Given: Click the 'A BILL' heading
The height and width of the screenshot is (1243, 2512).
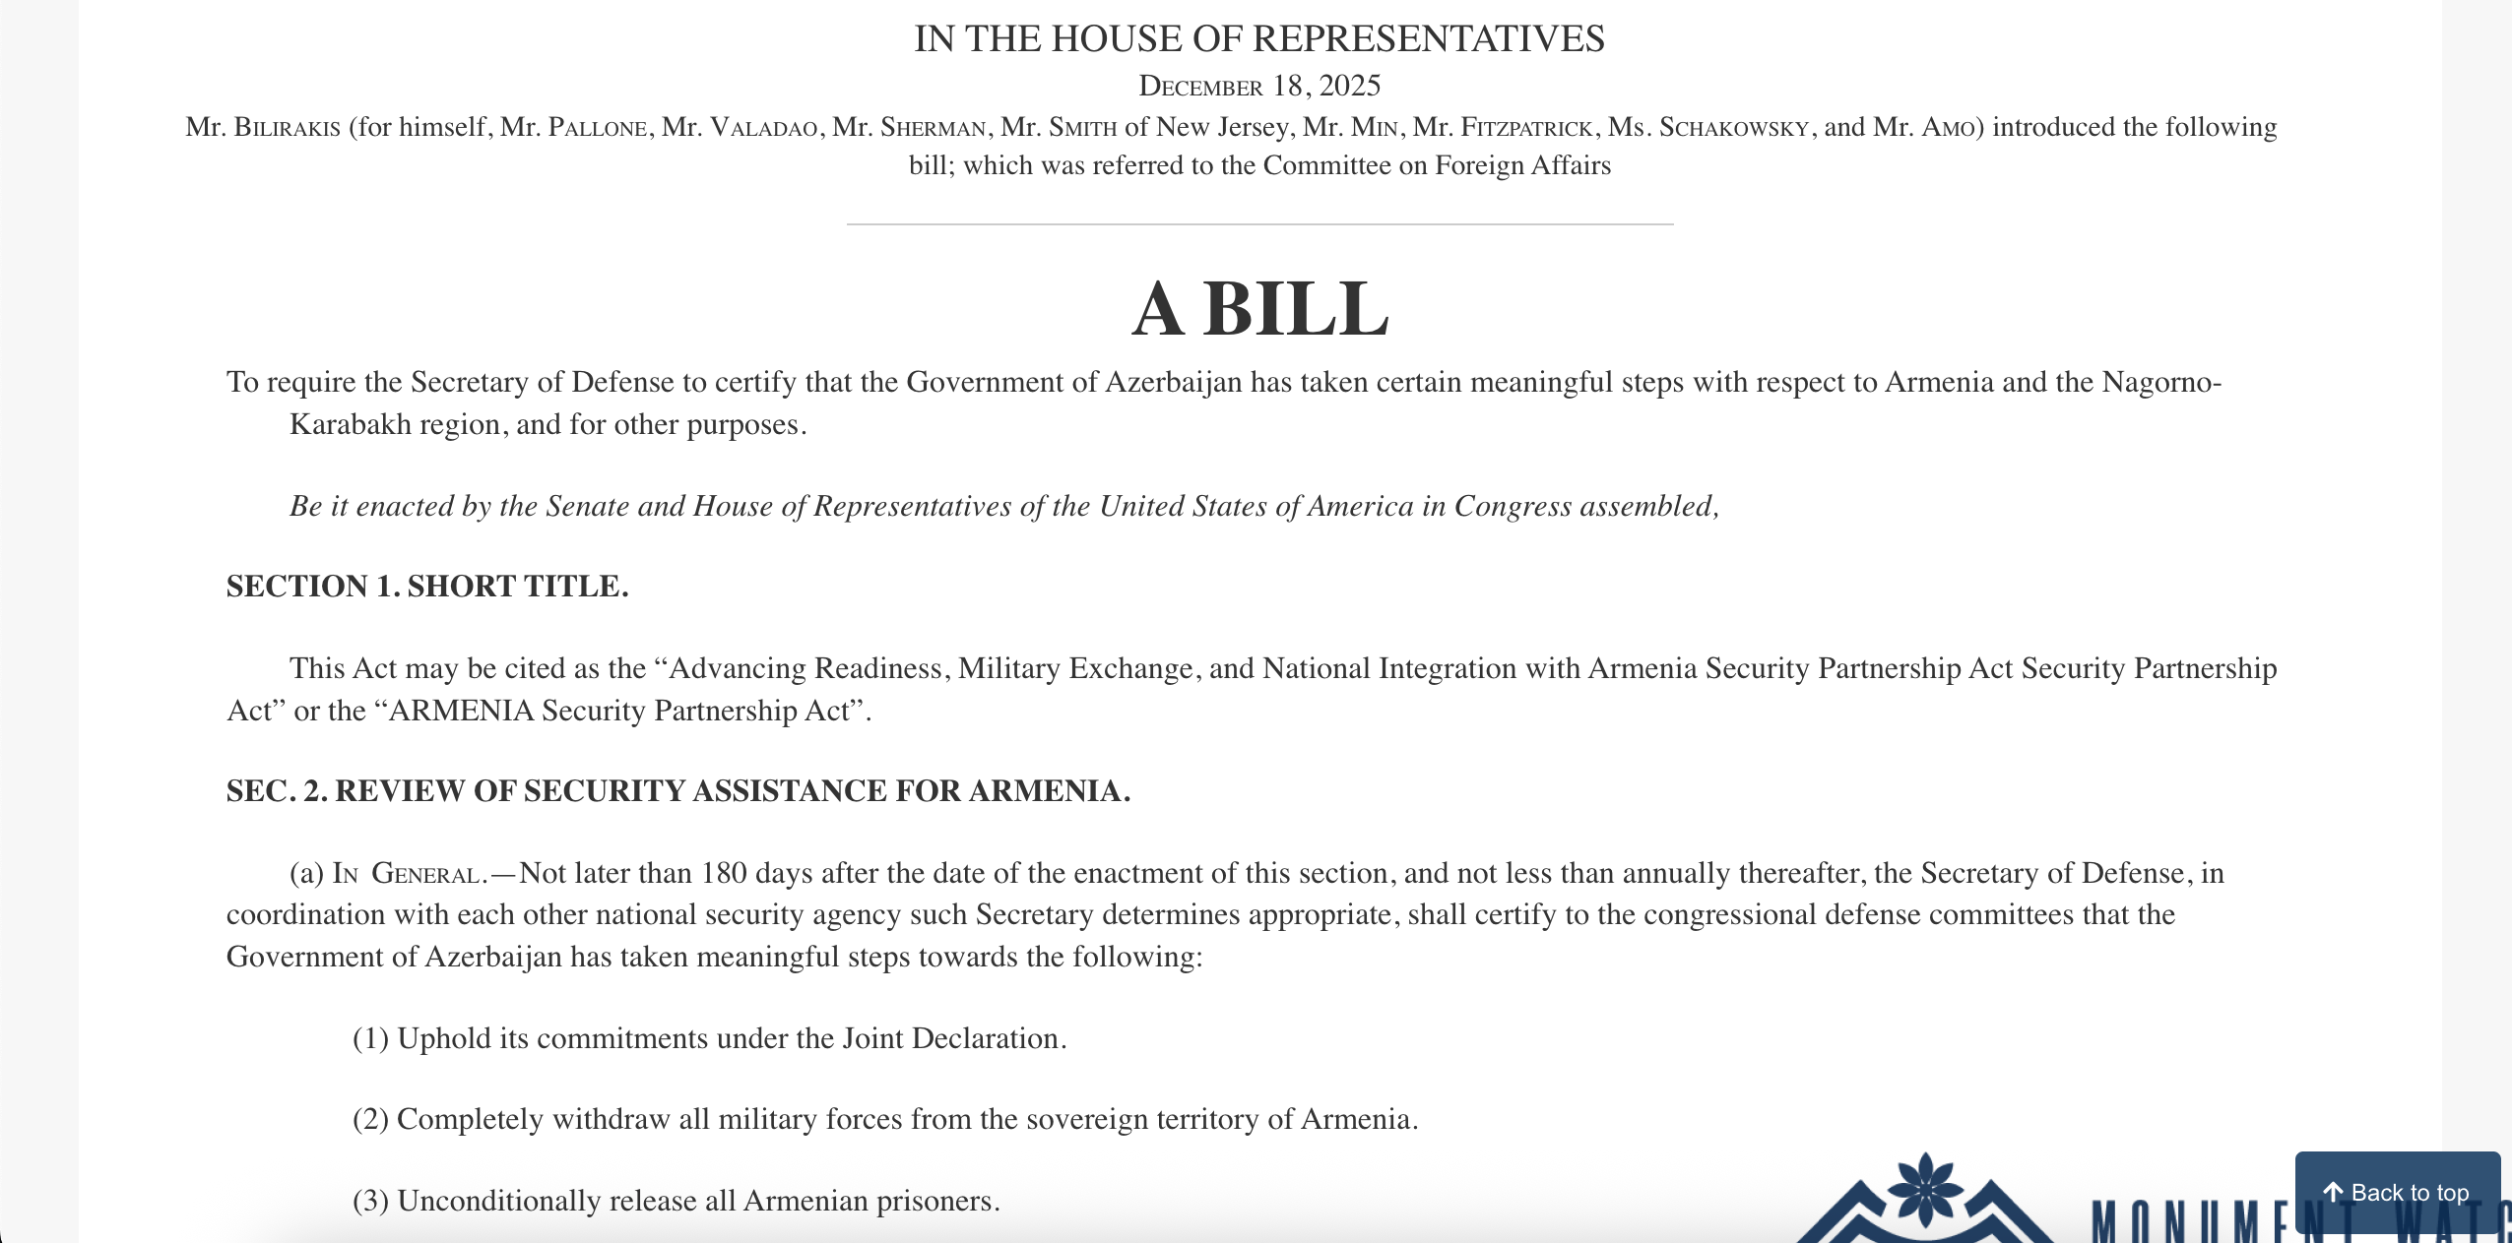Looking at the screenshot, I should [1259, 309].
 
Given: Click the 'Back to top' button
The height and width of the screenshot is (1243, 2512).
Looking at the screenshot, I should [2397, 1193].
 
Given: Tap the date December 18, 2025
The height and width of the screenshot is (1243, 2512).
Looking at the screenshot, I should [1259, 87].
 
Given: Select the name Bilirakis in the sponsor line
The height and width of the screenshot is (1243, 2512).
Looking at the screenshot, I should [287, 128].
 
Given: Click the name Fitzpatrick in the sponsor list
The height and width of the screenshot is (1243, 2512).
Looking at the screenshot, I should [1525, 128].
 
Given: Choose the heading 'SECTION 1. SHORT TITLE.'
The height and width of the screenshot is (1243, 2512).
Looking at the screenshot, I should [427, 587].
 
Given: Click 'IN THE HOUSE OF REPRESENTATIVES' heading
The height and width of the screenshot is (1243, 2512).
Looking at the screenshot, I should [1259, 39].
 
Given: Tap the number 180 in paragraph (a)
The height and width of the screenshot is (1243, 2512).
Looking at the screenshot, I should [724, 874].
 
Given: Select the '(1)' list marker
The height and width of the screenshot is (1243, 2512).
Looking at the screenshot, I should [370, 1039].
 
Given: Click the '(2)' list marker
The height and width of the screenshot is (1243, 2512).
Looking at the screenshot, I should [370, 1120].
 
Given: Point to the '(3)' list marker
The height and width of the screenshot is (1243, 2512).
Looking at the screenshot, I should [370, 1202].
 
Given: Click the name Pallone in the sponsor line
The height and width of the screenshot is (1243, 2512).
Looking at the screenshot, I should [598, 128].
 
